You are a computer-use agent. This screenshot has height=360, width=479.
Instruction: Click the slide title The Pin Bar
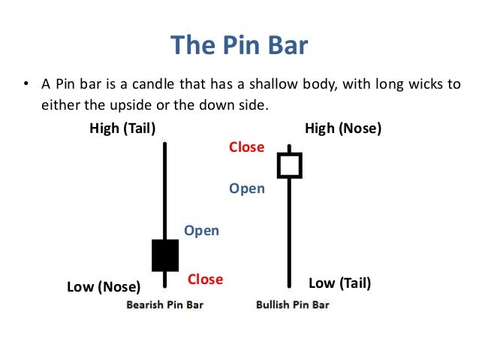[239, 44]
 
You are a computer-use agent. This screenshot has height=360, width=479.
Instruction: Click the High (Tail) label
[122, 129]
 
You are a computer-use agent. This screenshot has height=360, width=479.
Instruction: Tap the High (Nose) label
[343, 129]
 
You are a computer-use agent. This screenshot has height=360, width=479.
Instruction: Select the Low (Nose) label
[104, 286]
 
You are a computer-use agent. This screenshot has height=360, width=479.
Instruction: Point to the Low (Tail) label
[340, 283]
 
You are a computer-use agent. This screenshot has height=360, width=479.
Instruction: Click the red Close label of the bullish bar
[247, 147]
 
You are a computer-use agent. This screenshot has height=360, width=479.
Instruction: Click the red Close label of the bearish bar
[205, 280]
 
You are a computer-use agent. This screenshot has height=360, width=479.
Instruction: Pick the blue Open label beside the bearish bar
[201, 231]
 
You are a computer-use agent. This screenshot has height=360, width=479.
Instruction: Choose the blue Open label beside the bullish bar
[247, 189]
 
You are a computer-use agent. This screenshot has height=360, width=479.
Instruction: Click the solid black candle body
[165, 256]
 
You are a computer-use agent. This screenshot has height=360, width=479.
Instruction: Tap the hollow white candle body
[289, 165]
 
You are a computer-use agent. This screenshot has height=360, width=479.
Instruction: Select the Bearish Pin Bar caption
[165, 305]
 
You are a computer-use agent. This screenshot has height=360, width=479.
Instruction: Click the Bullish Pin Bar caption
[293, 305]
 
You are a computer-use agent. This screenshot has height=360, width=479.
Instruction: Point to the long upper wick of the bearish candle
[165, 188]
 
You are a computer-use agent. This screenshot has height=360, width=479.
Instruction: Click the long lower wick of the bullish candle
[289, 233]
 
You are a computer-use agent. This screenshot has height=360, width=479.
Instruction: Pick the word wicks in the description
[423, 83]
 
